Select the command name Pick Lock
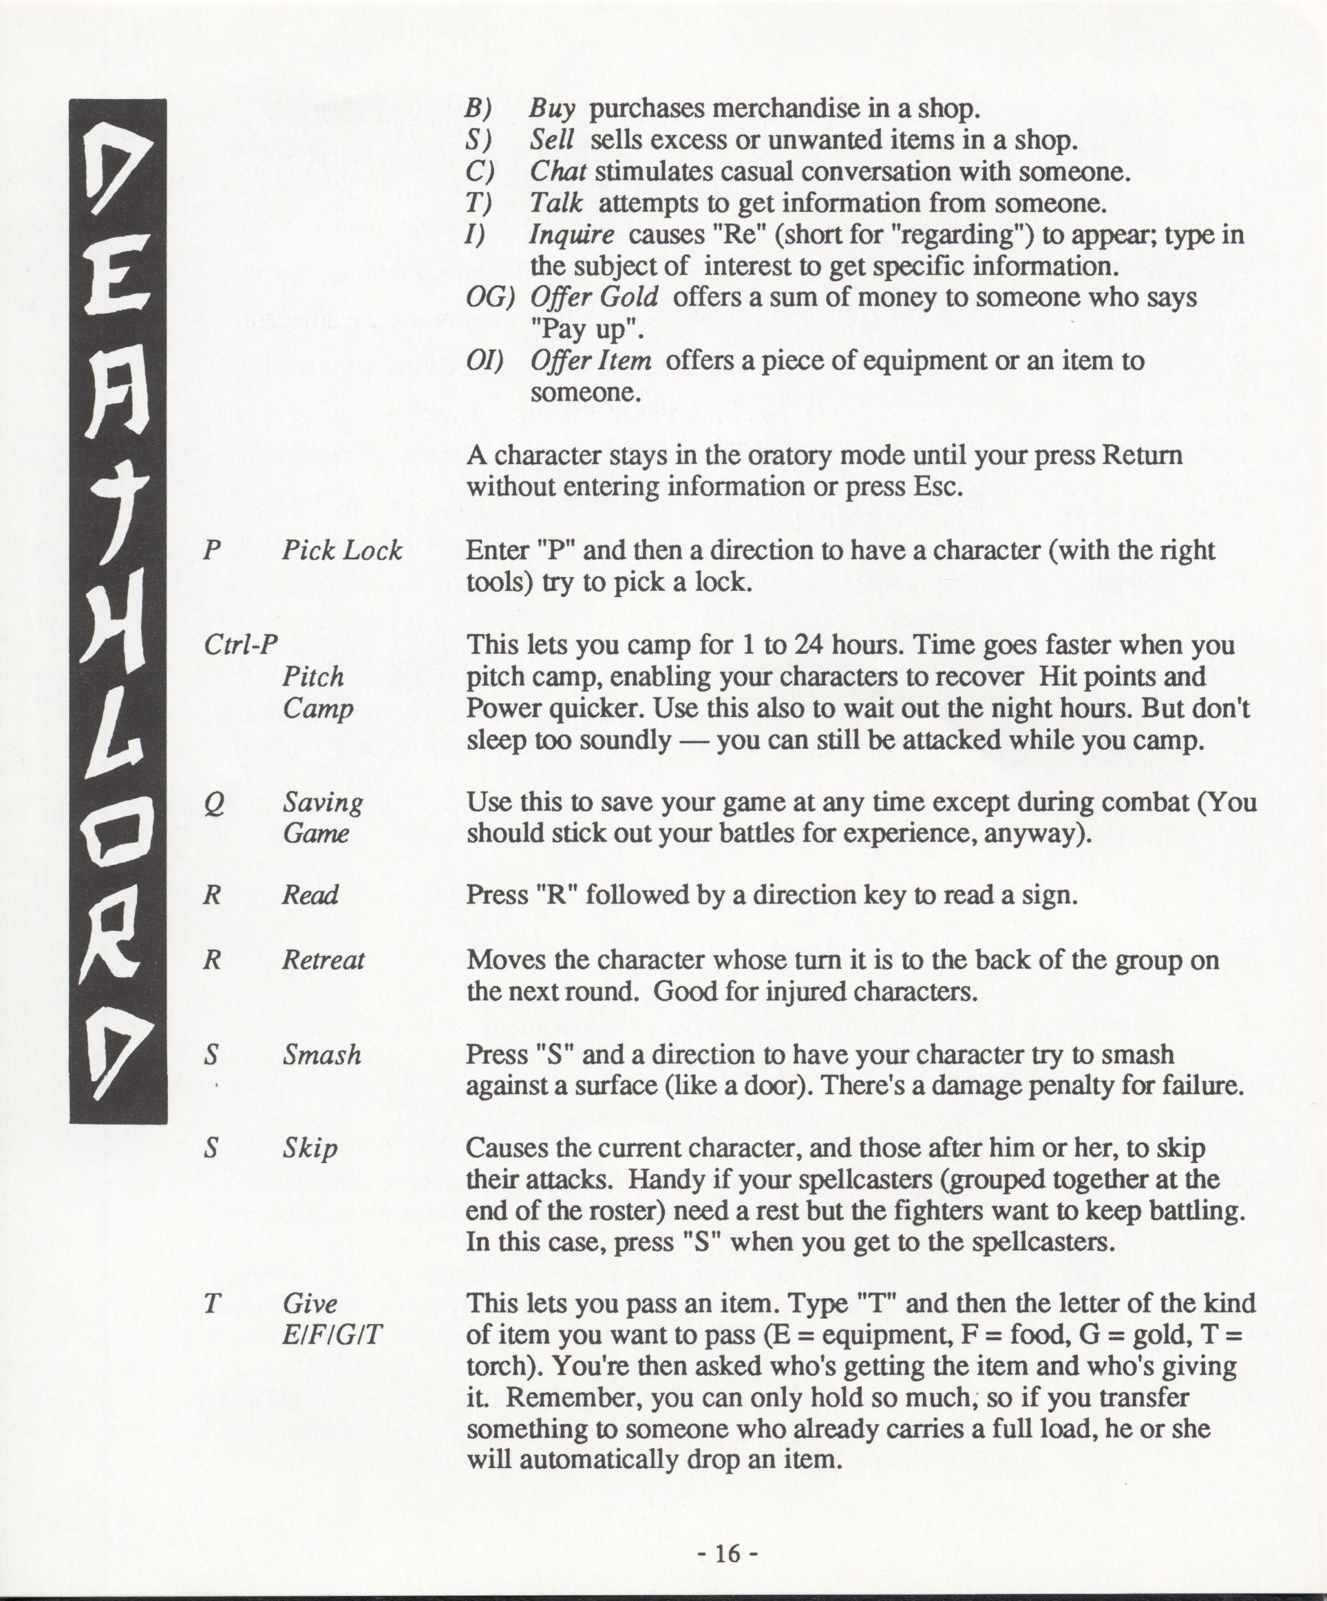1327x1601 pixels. coord(341,550)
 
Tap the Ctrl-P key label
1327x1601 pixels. coord(241,645)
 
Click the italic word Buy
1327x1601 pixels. coord(552,109)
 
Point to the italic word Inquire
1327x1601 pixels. coord(571,235)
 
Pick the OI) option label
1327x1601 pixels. coord(485,361)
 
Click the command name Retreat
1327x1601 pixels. coord(323,960)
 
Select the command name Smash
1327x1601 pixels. coord(321,1055)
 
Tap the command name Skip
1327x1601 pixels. coord(310,1149)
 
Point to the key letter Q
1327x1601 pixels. coord(214,804)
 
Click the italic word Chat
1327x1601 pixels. coord(558,172)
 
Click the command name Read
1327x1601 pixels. coord(310,895)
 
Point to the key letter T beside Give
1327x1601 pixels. coord(213,1303)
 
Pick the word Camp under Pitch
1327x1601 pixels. coord(318,709)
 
